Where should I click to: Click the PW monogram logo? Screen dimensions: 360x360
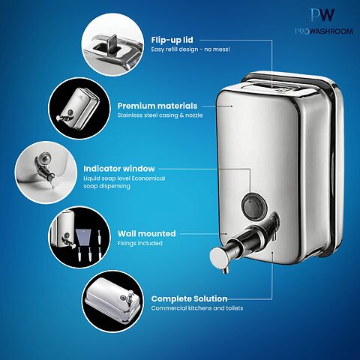[x=322, y=15]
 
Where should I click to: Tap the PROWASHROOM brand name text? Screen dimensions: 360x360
[x=324, y=31]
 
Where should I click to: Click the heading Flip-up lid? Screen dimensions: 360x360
[x=172, y=40]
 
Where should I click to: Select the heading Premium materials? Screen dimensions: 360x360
[x=157, y=106]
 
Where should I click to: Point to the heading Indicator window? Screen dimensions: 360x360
[x=119, y=169]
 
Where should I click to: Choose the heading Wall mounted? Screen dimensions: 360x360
[x=147, y=233]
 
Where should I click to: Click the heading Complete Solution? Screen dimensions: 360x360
[x=189, y=298]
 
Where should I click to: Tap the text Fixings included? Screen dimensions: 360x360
[x=140, y=243]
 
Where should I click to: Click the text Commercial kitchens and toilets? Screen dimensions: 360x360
[x=197, y=308]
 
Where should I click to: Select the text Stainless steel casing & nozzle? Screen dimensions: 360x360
[x=160, y=115]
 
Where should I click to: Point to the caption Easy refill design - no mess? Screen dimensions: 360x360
[x=190, y=49]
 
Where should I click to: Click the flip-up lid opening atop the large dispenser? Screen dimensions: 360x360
[x=278, y=86]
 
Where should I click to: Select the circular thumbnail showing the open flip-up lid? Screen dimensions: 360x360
[x=113, y=44]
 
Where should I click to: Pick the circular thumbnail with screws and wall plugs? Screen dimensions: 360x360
[x=79, y=237]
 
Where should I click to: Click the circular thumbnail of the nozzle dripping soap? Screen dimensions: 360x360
[x=46, y=172]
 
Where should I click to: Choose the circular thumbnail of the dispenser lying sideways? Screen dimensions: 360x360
[x=113, y=301]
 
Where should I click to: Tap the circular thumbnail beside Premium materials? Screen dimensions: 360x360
[x=79, y=108]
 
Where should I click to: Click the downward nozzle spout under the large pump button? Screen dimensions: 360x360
[x=226, y=269]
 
